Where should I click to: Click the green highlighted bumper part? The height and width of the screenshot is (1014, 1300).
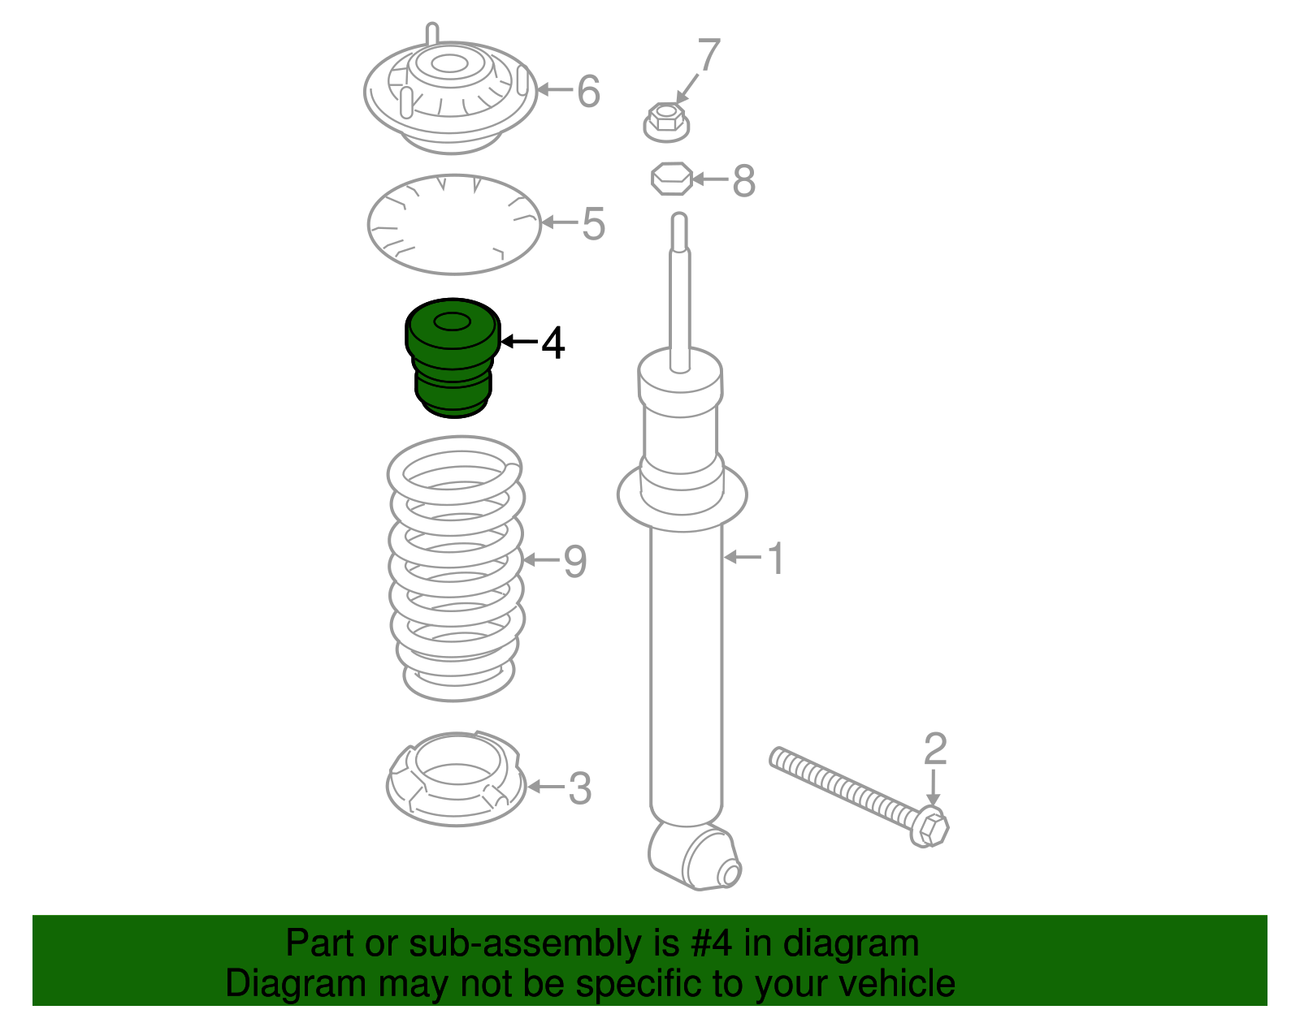453,359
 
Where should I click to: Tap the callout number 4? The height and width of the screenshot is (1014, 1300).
552,343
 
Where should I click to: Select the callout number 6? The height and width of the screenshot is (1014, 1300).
588,92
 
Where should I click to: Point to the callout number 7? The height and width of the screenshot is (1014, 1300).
709,54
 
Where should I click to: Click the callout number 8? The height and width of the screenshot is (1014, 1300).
743,180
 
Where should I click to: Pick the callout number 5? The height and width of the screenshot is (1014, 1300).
593,224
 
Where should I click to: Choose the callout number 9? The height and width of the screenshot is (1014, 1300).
575,562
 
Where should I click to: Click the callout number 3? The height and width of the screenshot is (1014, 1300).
579,788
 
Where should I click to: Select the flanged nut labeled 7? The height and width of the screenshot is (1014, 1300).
666,123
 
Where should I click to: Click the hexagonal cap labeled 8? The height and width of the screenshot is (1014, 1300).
671,179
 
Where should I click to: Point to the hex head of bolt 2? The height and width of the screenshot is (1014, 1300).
929,826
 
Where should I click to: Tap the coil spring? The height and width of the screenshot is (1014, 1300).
456,568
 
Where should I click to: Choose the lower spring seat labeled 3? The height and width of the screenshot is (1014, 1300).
456,779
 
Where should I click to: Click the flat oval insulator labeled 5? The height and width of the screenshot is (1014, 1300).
454,225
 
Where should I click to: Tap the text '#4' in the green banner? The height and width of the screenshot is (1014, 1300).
711,943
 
